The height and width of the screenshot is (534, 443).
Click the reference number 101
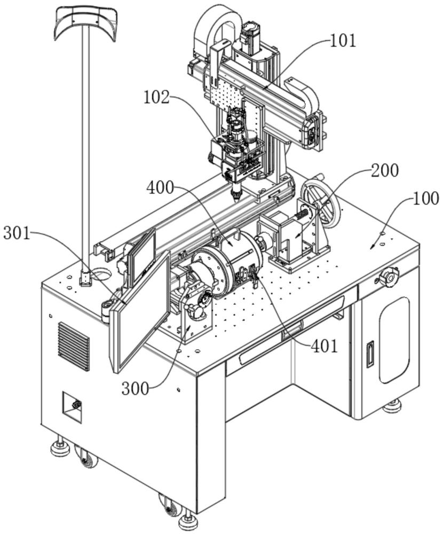(343, 41)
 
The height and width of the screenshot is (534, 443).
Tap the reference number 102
(156, 98)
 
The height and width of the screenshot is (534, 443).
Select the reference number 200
(384, 171)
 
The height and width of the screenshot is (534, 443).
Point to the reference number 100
(425, 198)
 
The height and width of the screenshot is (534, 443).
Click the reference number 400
(160, 187)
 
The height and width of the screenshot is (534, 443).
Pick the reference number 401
(324, 346)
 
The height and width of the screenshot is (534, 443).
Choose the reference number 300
(136, 388)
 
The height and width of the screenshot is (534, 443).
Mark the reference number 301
(17, 234)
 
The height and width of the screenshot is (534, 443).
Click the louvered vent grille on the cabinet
(74, 346)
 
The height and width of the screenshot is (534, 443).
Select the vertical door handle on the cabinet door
(370, 354)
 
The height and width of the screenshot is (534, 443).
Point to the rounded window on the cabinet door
(394, 340)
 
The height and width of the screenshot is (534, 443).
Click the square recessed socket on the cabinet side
(72, 407)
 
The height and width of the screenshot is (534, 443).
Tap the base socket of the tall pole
(85, 278)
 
